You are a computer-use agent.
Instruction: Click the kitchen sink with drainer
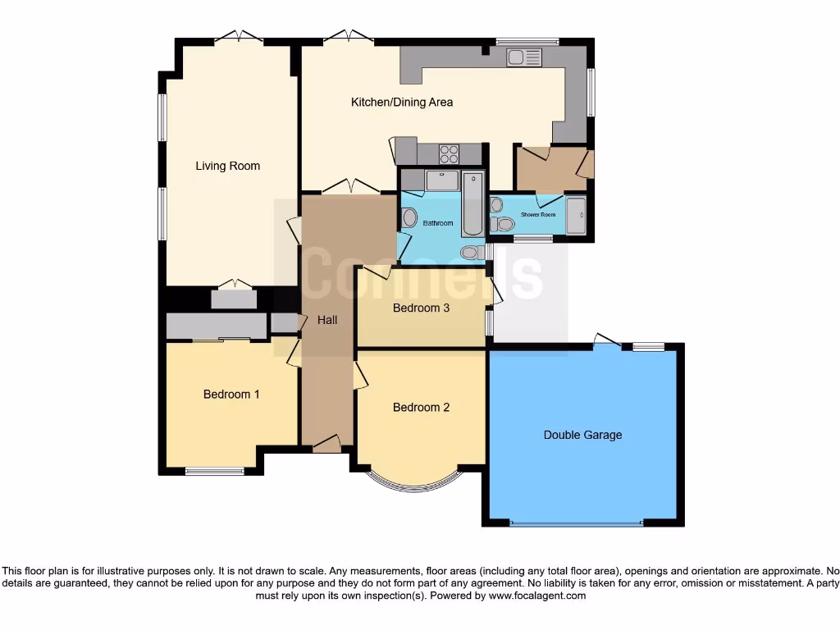(524, 57)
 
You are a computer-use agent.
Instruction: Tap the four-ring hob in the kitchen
(449, 153)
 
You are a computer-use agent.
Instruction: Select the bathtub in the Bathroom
(473, 203)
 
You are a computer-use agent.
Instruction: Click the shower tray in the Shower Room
(576, 216)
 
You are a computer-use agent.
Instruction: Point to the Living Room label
(227, 166)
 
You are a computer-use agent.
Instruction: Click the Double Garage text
(582, 435)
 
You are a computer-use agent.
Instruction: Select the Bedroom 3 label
(421, 308)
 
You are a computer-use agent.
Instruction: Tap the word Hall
(327, 320)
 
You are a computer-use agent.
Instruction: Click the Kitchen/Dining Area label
(402, 103)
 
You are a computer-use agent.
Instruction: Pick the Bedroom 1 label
(231, 394)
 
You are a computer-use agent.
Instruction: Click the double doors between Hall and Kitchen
(350, 187)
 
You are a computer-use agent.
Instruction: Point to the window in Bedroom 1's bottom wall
(214, 471)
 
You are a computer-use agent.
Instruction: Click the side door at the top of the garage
(607, 340)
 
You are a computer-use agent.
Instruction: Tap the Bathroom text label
(437, 223)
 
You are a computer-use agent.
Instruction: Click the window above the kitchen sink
(527, 40)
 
